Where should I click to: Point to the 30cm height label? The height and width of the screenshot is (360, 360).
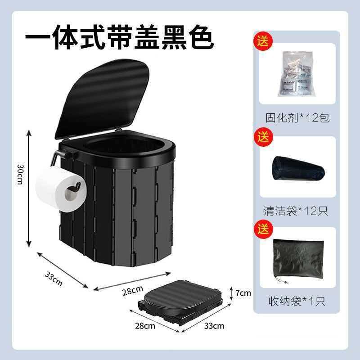pyautogui.click(x=20, y=173)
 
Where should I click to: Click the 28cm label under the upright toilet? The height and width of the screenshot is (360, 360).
pyautogui.click(x=133, y=291)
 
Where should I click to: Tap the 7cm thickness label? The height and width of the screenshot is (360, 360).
pyautogui.click(x=243, y=293)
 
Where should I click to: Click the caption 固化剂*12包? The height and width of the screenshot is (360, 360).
pyautogui.click(x=297, y=118)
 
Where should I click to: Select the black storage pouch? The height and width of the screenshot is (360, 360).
pyautogui.click(x=297, y=259)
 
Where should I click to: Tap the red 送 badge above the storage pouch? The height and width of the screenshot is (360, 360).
pyautogui.click(x=262, y=228)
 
